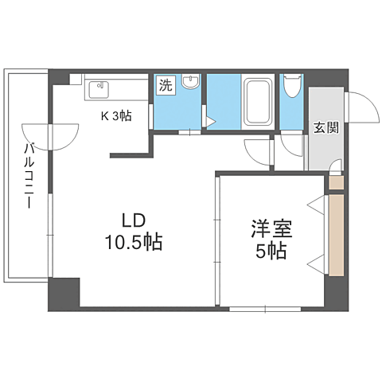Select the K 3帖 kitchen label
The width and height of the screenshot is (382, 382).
click(116, 115)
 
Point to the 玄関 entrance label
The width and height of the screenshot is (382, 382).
click(325, 128)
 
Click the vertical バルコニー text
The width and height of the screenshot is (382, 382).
click(29, 175)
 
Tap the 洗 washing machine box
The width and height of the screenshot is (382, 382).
click(165, 85)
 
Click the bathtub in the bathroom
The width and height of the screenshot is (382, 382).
click(257, 99)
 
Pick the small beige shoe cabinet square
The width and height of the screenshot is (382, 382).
click(336, 182)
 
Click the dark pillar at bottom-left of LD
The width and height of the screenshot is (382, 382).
click(65, 294)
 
